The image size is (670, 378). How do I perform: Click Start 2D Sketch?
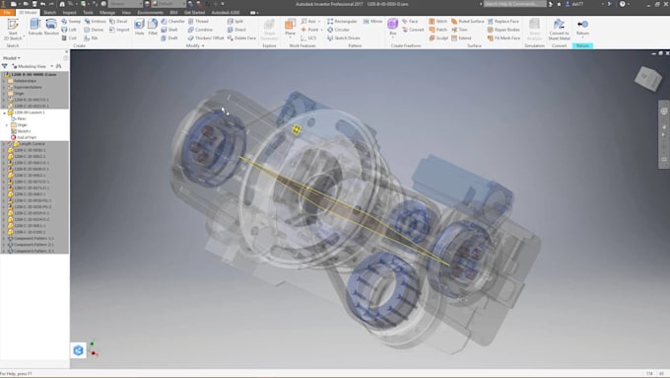click(x=14, y=27)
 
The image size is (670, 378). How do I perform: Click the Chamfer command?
click(x=173, y=20)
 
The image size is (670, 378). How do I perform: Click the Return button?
click(x=583, y=27)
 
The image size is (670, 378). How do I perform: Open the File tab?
click(x=7, y=12)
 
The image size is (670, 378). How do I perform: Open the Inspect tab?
click(x=69, y=12)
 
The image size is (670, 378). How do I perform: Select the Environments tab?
click(x=150, y=12)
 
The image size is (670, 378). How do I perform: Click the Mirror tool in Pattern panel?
click(x=374, y=20)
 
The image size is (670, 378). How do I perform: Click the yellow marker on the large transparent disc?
click(x=293, y=129)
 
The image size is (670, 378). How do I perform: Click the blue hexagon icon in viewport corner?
click(x=78, y=349)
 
